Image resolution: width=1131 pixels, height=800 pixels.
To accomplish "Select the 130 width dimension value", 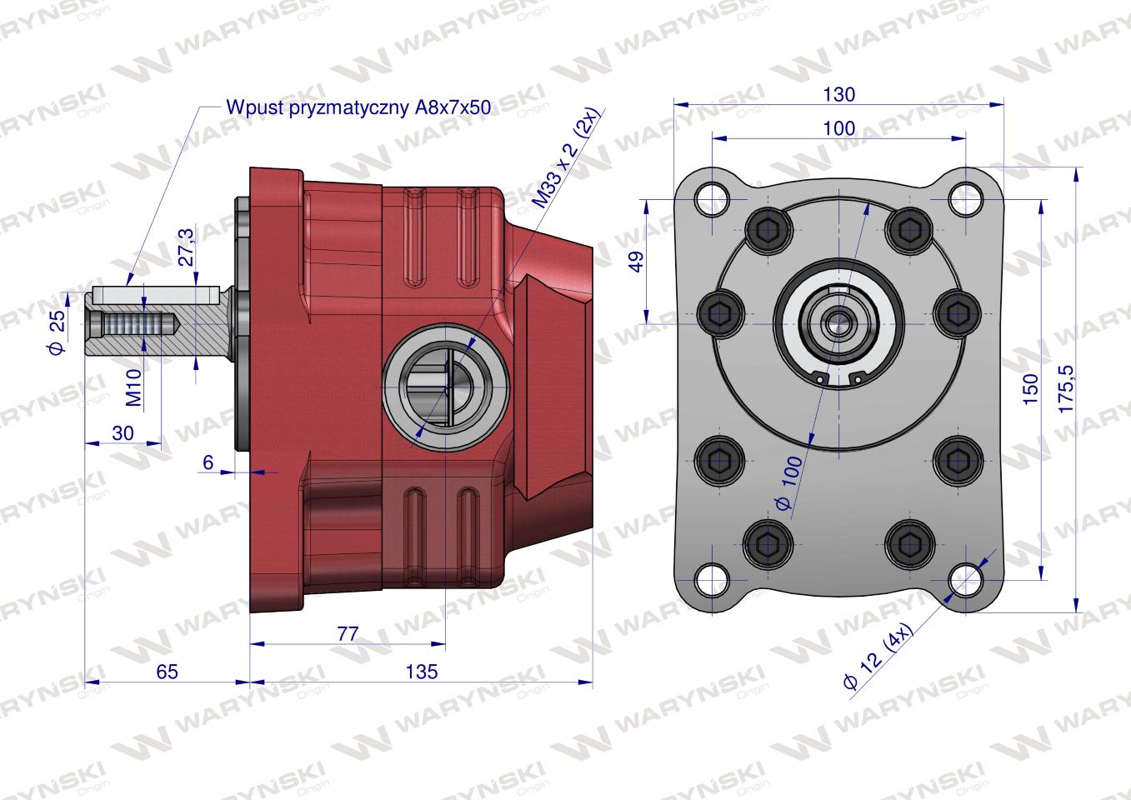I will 838,94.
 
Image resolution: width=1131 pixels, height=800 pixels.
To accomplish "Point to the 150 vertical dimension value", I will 1030,389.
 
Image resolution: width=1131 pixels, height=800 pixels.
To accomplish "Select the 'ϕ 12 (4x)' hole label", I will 878,656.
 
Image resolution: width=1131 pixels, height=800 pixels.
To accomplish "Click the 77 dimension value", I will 348,633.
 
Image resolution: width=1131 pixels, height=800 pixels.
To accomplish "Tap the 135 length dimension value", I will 422,672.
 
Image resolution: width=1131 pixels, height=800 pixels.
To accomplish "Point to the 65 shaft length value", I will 167,672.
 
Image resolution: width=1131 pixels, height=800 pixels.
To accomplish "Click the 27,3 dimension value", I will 188,246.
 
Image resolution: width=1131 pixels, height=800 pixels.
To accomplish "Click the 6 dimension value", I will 208,462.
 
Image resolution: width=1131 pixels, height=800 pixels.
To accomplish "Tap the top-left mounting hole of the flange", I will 711,197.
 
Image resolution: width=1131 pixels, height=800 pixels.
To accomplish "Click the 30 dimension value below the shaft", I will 122,433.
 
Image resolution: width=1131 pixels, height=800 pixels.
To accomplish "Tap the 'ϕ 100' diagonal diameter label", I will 789,483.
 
